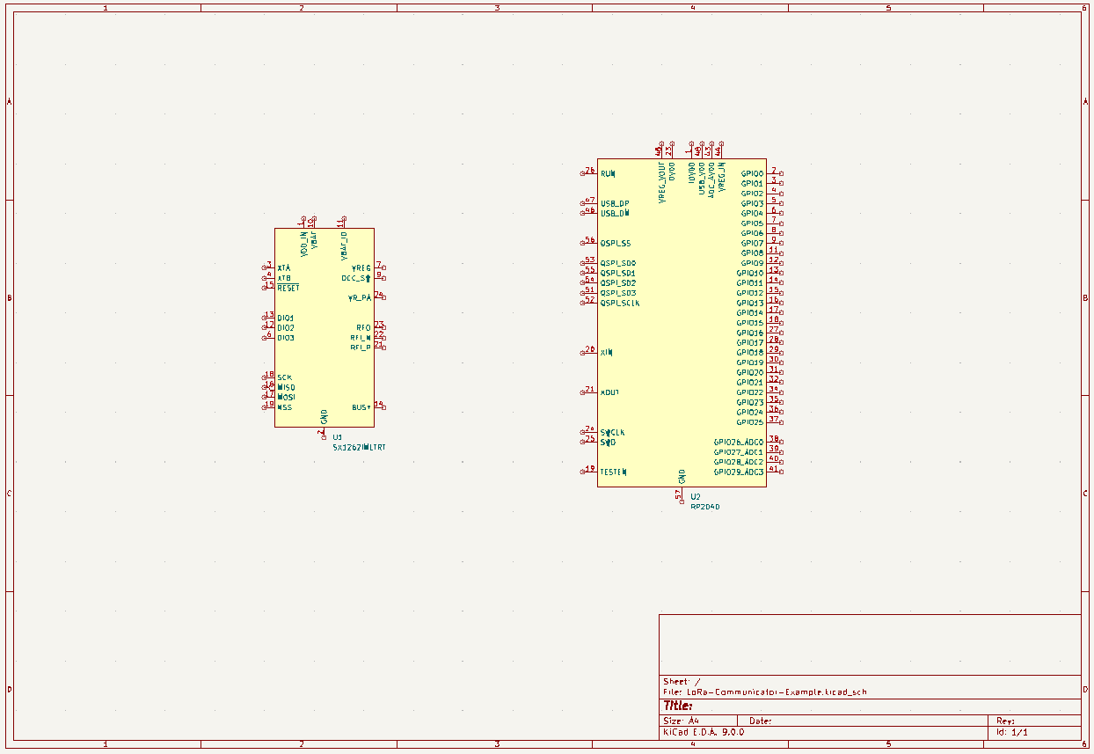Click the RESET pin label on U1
point(288,288)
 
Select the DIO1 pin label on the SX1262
point(286,318)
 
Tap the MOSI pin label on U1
point(286,397)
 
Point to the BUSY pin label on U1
point(361,407)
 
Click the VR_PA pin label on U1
point(359,298)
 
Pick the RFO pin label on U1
point(363,327)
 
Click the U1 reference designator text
point(338,436)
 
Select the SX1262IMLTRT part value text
point(359,447)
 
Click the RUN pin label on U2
point(608,173)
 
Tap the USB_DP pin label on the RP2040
point(615,203)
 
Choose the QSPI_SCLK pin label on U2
point(620,303)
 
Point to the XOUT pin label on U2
point(609,392)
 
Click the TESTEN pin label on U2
point(613,472)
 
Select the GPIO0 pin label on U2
point(752,174)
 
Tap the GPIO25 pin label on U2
point(749,422)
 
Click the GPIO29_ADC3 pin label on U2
point(739,472)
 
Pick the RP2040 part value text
point(705,507)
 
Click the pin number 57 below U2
point(678,495)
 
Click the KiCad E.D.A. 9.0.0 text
point(704,731)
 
